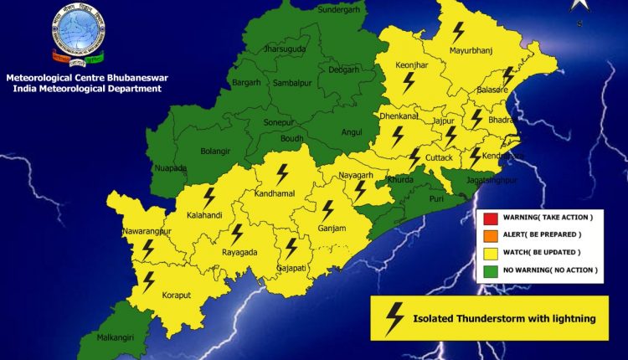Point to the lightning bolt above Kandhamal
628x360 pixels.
[282, 173]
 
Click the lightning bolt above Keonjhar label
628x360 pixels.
[409, 82]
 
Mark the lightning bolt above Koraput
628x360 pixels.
[149, 280]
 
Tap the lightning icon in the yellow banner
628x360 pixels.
[394, 318]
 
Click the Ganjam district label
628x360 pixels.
[332, 227]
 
